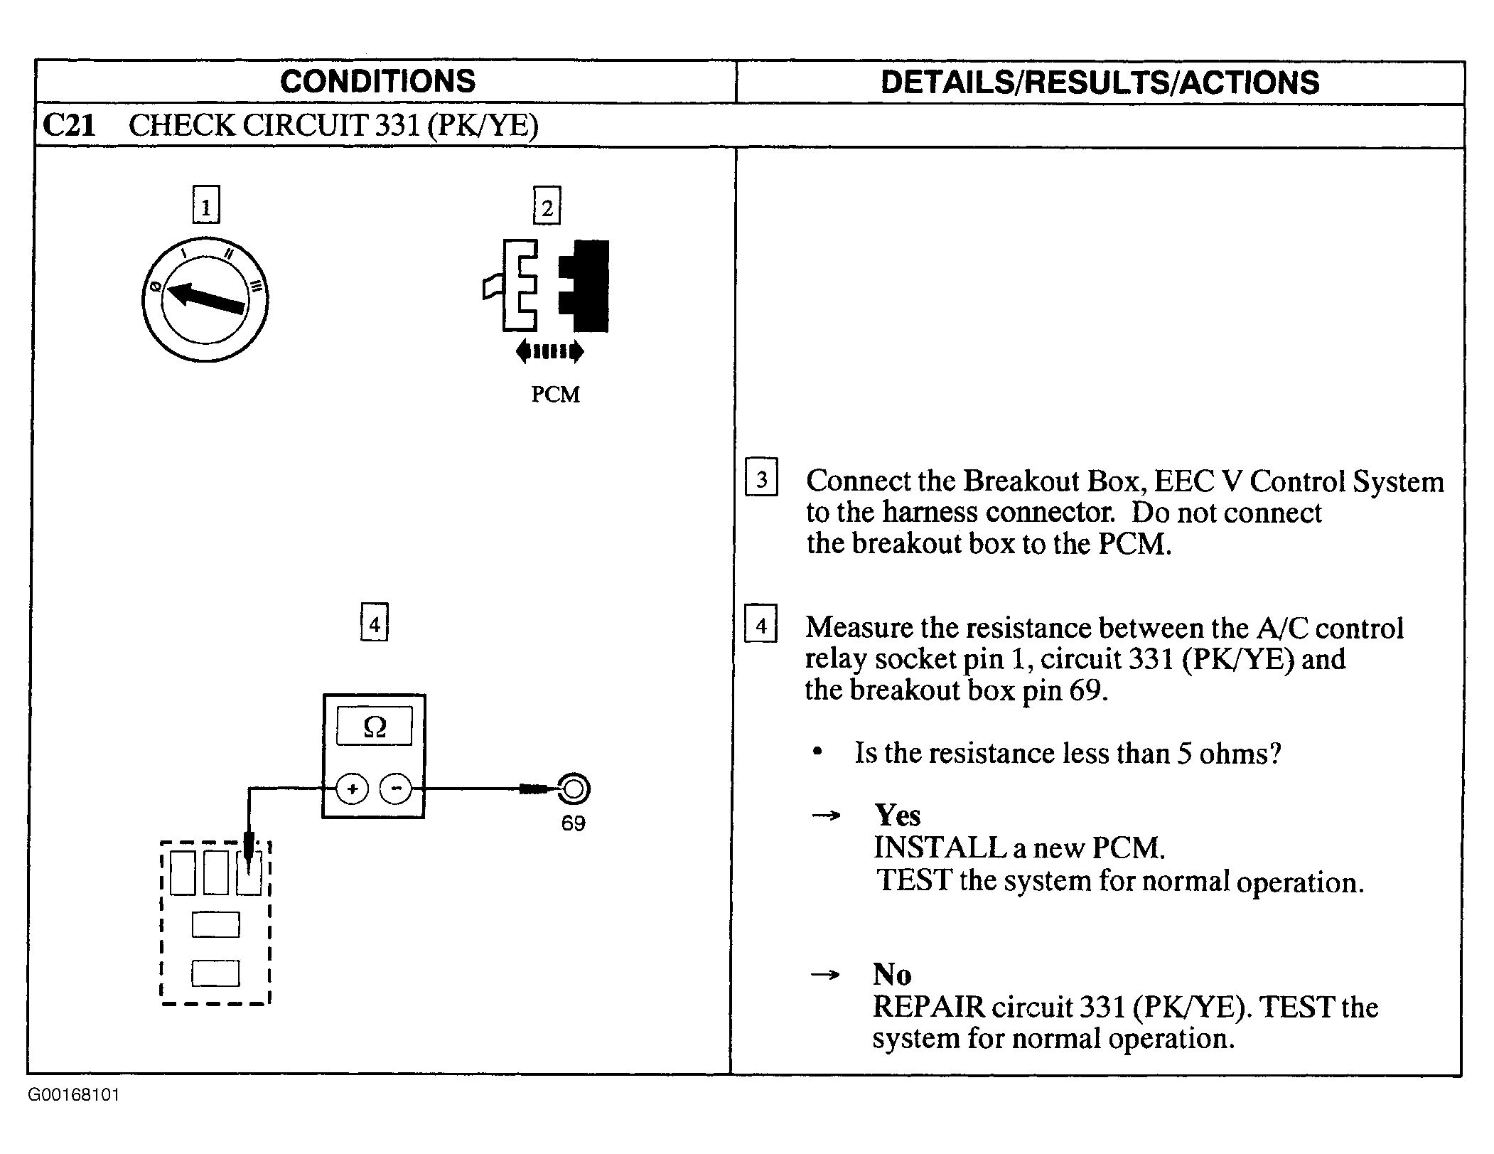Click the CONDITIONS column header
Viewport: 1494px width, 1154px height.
click(377, 81)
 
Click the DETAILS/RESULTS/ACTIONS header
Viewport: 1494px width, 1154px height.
click(1100, 82)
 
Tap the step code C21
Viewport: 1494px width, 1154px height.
click(69, 125)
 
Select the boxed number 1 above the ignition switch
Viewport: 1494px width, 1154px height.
click(206, 205)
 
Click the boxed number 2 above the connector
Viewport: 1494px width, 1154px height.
click(547, 205)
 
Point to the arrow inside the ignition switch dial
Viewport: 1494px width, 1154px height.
click(206, 299)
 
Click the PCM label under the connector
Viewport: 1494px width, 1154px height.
click(555, 394)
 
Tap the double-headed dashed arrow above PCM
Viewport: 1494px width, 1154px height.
click(550, 351)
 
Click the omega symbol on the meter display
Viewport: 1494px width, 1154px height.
click(375, 726)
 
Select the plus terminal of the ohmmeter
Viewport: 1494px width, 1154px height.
click(352, 789)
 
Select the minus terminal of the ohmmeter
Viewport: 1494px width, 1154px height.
click(396, 789)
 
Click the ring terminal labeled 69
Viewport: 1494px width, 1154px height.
click(574, 789)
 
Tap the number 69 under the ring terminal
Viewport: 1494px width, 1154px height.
click(573, 823)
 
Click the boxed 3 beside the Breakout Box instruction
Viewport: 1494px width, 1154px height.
click(761, 477)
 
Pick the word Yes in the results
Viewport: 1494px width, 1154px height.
click(897, 815)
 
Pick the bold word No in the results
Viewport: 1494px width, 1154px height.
click(892, 974)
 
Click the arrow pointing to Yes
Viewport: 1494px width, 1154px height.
click(825, 816)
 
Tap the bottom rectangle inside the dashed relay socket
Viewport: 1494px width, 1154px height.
click(215, 973)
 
